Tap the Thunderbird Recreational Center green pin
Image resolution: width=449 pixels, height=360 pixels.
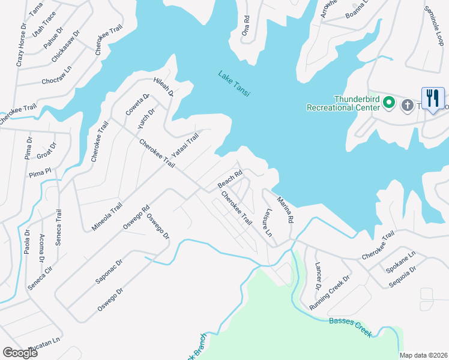coord(388,103)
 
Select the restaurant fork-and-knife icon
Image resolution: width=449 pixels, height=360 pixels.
coord(433,98)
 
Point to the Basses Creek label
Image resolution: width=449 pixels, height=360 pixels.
coord(351,327)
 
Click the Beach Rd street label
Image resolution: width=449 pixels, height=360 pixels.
coord(229,178)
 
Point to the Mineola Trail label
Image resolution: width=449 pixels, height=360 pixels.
coord(107,216)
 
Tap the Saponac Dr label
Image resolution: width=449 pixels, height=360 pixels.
coord(109,272)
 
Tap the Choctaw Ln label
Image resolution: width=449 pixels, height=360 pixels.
coord(57,80)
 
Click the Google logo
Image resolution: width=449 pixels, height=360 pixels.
coord(20,352)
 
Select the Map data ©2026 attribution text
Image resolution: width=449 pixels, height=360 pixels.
coord(423,355)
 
